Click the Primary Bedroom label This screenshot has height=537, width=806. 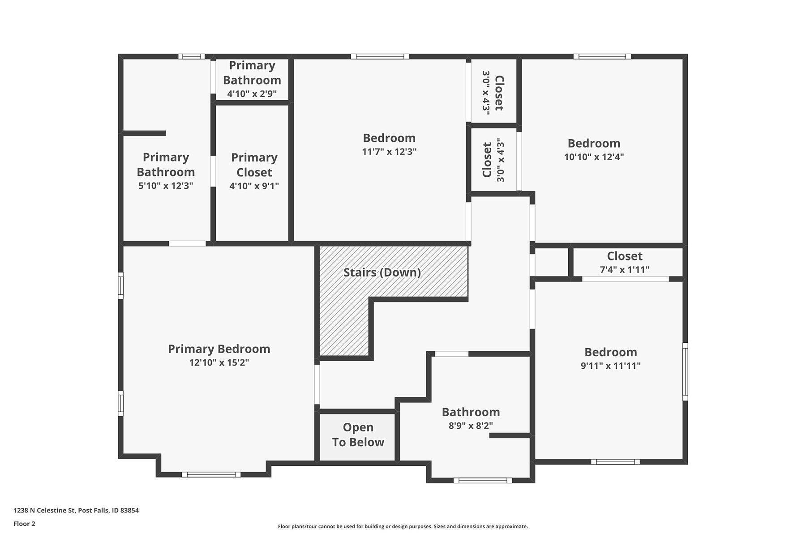point(219,349)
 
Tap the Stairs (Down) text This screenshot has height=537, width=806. point(382,273)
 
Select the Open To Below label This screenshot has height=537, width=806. point(358,435)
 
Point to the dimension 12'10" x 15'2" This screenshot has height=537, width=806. point(219,362)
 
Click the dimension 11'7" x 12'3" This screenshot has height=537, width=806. point(389,152)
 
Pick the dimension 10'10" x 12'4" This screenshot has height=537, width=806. point(594,157)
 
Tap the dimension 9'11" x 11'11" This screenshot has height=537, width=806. point(611,366)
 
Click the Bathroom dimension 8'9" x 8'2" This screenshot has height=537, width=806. point(471,426)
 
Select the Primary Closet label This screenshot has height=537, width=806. point(254,165)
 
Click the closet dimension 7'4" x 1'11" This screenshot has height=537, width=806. point(625,269)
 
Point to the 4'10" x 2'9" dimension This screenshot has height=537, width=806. point(252,94)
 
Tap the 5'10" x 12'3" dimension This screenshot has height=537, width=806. point(166,186)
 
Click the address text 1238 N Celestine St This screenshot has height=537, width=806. point(45,510)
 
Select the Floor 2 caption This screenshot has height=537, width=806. point(24,524)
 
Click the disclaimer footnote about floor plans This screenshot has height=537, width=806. point(403,527)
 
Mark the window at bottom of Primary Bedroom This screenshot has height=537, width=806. point(211,474)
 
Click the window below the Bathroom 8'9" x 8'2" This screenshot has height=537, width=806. point(483,481)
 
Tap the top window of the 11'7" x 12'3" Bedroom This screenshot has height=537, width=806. point(380,56)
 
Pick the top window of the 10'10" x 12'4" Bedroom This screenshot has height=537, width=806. point(602,56)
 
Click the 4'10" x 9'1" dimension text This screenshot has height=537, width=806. point(254,186)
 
